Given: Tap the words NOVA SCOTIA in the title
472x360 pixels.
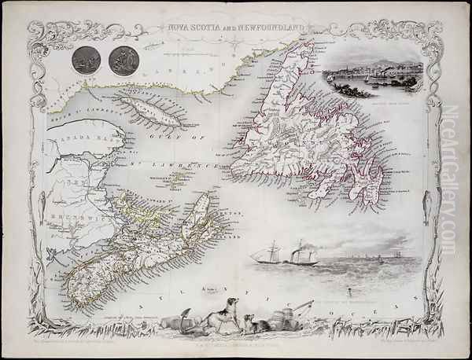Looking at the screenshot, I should [193, 24].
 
